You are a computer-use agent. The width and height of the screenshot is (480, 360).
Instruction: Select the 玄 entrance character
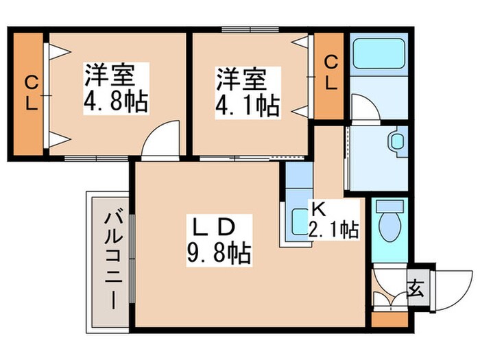416,287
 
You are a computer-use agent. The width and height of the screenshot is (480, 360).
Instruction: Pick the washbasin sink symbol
397,143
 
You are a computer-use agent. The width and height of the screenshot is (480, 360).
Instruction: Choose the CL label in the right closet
331,73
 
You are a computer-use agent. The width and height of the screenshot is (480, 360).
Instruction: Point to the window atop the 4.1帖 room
250,29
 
